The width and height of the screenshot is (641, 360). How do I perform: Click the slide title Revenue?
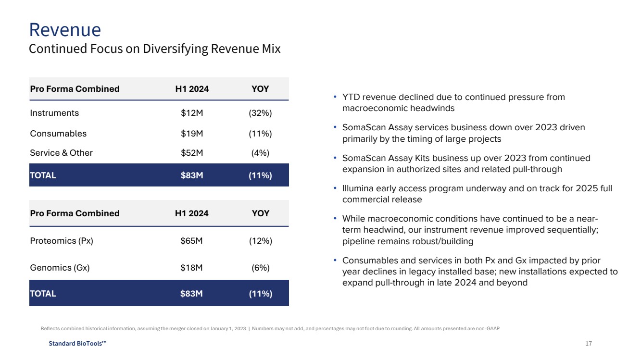coord(65,30)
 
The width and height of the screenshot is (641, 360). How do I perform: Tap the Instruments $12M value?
coord(192,113)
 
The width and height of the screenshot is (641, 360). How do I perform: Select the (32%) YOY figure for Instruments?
coord(260,113)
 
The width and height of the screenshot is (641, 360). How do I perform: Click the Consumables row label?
coord(58,134)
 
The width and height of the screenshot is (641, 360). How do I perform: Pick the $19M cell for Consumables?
coord(192,134)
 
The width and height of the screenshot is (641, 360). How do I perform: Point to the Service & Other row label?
coord(61,153)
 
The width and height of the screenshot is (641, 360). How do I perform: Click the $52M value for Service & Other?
coord(192,153)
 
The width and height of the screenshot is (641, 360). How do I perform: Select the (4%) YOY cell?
coord(260,153)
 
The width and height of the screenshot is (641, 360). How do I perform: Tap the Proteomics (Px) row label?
coord(62,241)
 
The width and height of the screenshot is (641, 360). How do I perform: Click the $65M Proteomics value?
coord(191,241)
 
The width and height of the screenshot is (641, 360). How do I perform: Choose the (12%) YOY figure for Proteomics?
coord(261,241)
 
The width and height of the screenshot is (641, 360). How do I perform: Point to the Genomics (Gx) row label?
coord(60,268)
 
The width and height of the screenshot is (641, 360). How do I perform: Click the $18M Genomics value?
coord(191,268)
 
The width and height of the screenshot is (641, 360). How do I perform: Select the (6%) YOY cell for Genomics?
coord(261,268)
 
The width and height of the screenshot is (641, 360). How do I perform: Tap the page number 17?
coord(589,343)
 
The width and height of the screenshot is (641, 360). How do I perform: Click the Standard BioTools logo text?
coord(77,343)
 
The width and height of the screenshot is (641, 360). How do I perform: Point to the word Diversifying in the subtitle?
coord(176,49)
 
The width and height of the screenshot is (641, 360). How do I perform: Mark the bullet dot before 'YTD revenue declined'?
coord(335,97)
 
